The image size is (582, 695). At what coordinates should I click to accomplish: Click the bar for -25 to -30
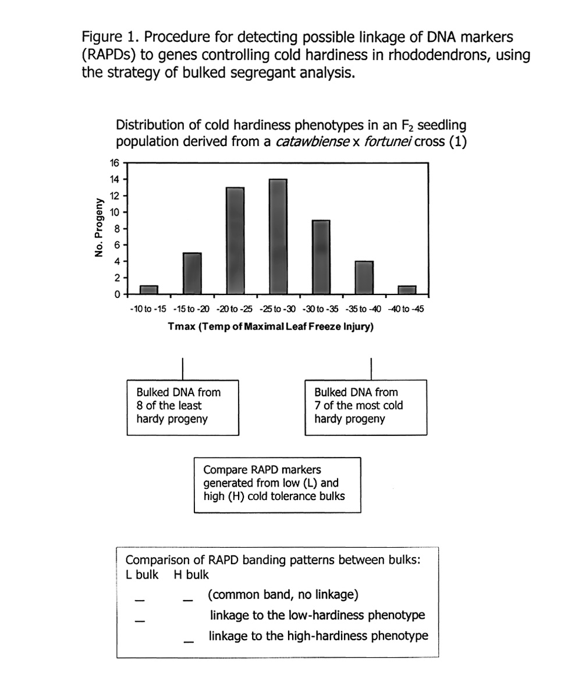coord(278,236)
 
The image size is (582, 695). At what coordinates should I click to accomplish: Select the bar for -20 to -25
coord(235,240)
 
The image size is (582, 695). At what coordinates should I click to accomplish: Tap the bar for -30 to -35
coord(321,257)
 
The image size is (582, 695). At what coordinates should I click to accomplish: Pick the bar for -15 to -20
coord(192,273)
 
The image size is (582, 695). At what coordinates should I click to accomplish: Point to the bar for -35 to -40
coord(364,277)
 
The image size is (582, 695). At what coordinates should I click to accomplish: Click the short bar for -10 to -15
coord(149,289)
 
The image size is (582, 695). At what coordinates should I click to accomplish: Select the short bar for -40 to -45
coord(407,289)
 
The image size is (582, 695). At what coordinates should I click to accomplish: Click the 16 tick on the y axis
coord(115,163)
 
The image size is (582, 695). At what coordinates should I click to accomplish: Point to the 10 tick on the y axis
coord(115,212)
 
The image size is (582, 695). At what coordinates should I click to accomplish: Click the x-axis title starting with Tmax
coord(270,327)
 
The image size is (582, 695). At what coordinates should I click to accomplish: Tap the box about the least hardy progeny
coord(183,406)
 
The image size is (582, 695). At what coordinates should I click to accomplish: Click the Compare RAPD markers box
coord(277,484)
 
